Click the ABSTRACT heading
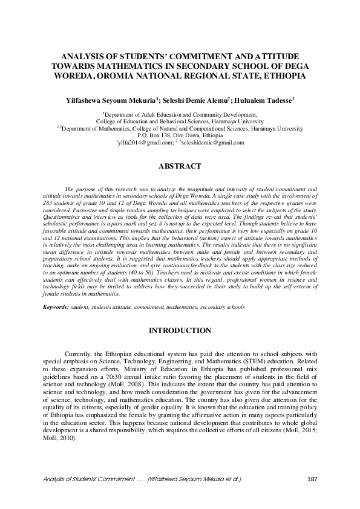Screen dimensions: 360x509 179,166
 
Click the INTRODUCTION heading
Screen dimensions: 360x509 180,331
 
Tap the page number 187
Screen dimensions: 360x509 312,479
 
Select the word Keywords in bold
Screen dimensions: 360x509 55,307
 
